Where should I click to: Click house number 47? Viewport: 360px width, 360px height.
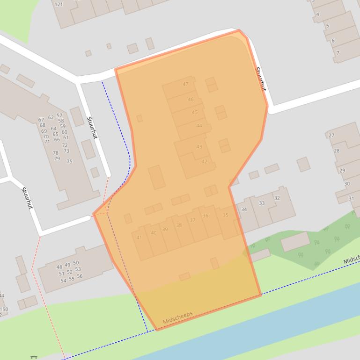pyautogui.click(x=186, y=84)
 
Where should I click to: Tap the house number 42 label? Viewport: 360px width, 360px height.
pyautogui.click(x=204, y=162)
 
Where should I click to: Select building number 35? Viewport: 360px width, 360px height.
pyautogui.click(x=226, y=215)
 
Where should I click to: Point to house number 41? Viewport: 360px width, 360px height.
pyautogui.click(x=139, y=238)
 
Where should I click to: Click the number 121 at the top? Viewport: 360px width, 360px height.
pyautogui.click(x=59, y=5)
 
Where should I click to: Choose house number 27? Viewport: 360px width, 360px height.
pyautogui.click(x=331, y=136)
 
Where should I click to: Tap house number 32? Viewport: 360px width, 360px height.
pyautogui.click(x=277, y=198)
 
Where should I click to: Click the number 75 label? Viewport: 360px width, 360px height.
pyautogui.click(x=69, y=162)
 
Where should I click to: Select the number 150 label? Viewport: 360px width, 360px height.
pyautogui.click(x=4, y=310)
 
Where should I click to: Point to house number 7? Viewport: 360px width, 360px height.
pyautogui.click(x=338, y=53)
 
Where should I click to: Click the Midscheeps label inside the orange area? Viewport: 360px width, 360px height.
pyautogui.click(x=178, y=318)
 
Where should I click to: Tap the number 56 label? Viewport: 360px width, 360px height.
pyautogui.click(x=80, y=276)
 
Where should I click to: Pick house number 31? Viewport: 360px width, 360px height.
pyautogui.click(x=352, y=199)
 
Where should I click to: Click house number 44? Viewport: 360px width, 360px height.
pyautogui.click(x=199, y=126)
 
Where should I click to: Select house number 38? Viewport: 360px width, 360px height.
pyautogui.click(x=179, y=225)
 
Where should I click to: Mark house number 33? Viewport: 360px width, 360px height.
pyautogui.click(x=262, y=203)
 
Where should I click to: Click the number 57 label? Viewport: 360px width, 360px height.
pyautogui.click(x=59, y=115)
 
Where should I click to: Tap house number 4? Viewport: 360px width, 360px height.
pyautogui.click(x=317, y=14)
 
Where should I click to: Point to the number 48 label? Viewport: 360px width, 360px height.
pyautogui.click(x=59, y=267)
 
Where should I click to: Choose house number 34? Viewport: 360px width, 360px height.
pyautogui.click(x=244, y=209)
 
